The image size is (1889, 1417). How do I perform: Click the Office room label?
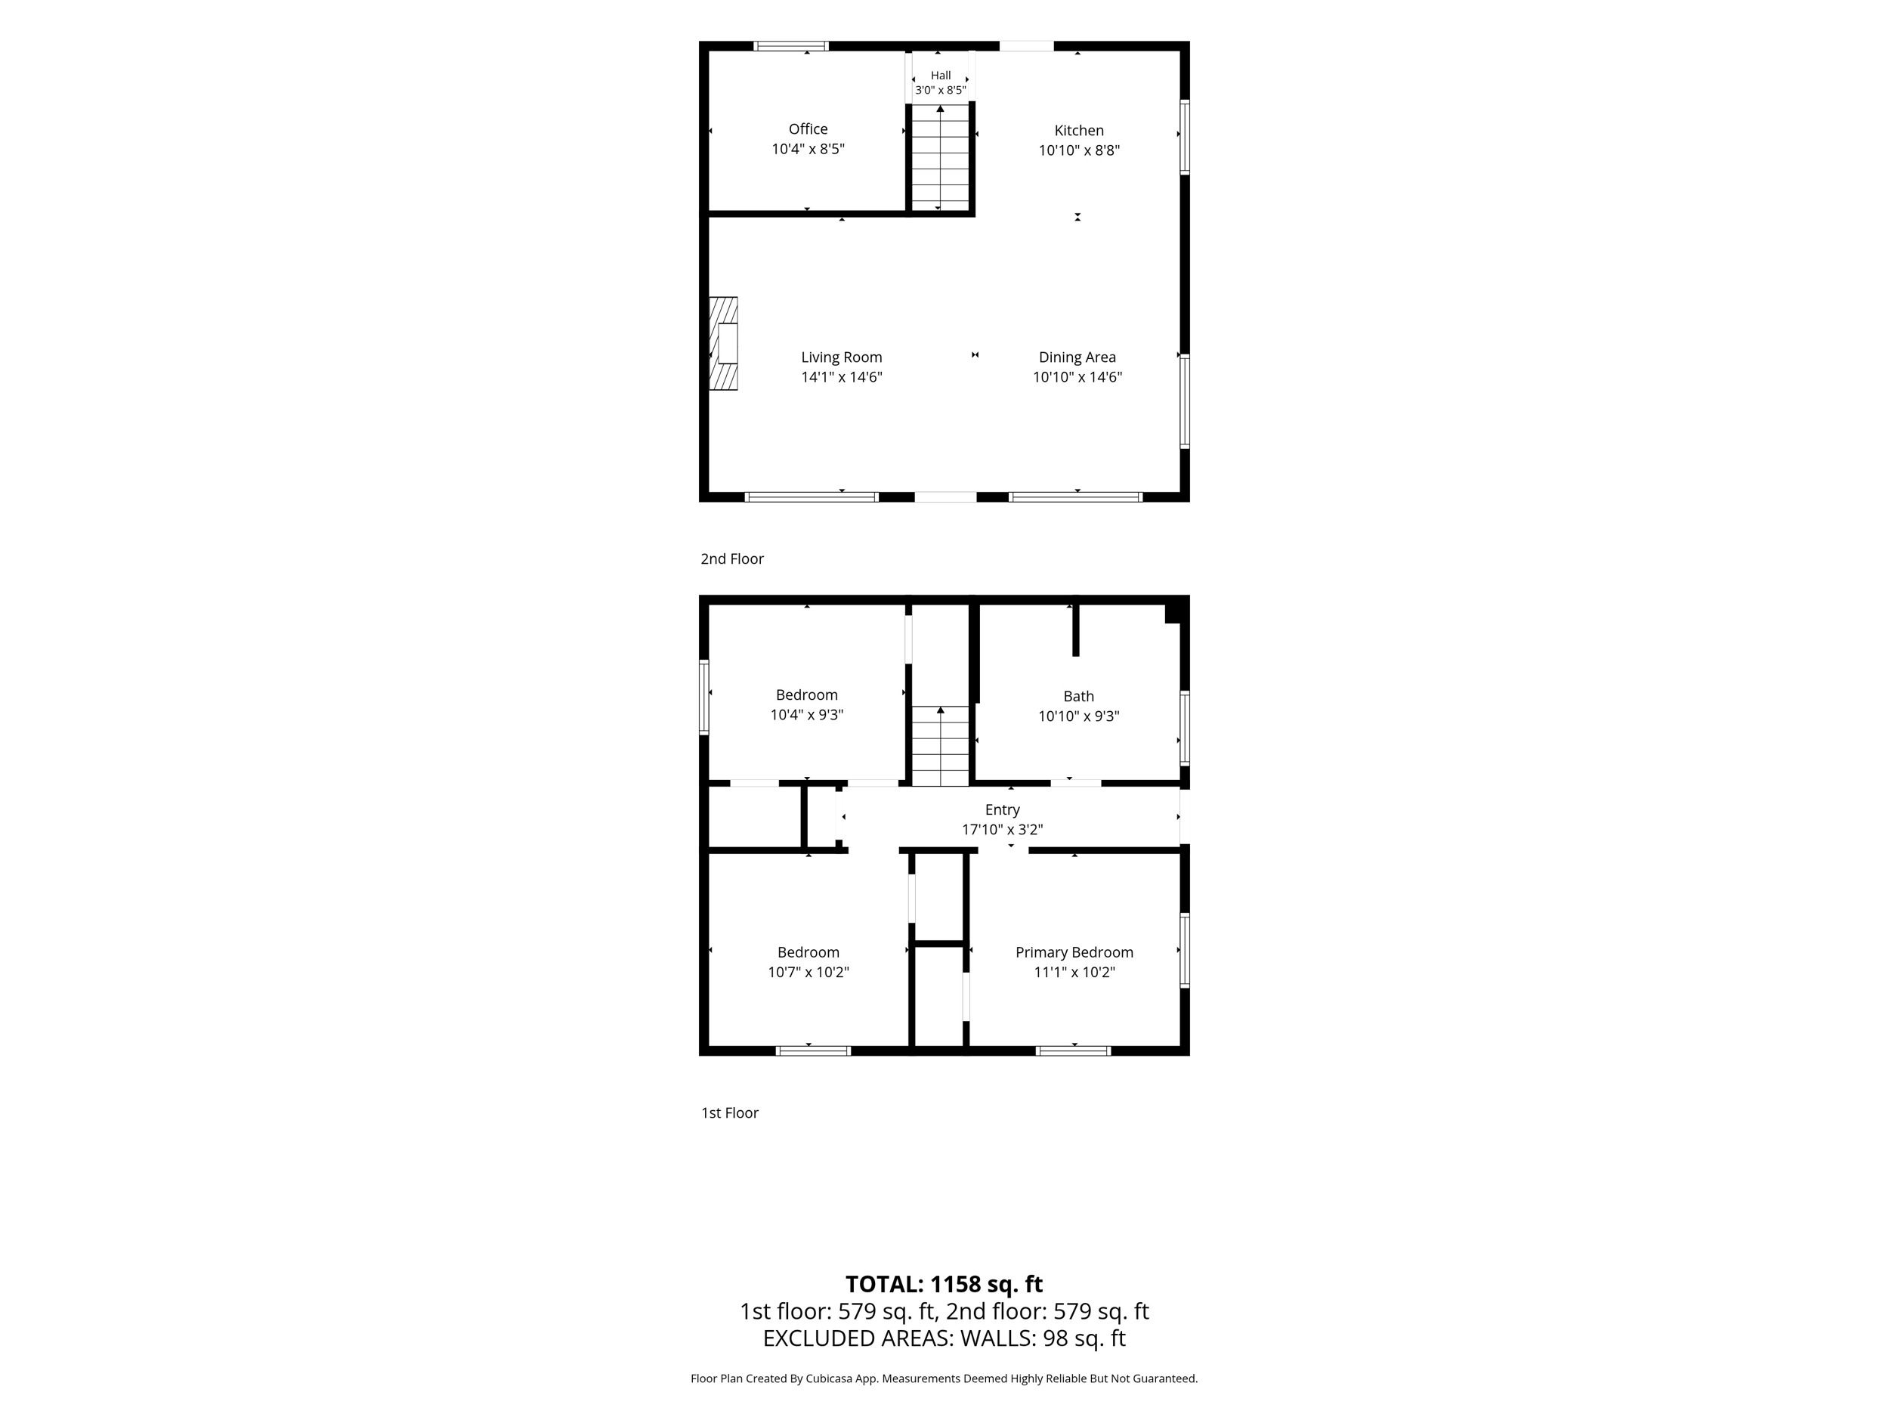click(x=808, y=129)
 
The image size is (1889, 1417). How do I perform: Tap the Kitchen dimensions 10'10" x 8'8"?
click(x=1078, y=150)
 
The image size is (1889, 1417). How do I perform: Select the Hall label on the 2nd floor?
click(x=940, y=75)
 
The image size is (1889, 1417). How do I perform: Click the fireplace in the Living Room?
click(x=723, y=343)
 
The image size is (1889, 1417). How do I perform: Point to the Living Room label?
click(x=841, y=357)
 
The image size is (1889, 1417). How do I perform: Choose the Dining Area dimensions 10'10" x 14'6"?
click(x=1077, y=376)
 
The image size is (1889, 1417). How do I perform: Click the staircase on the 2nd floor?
click(x=940, y=157)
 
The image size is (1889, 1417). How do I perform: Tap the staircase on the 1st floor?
click(x=940, y=746)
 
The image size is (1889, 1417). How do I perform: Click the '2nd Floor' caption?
click(x=732, y=558)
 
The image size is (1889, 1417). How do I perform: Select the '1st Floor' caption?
click(x=729, y=1112)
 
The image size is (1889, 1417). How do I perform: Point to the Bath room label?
click(x=1078, y=696)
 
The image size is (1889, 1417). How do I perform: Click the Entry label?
click(x=1002, y=809)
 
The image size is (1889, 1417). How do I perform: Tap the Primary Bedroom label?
click(x=1074, y=951)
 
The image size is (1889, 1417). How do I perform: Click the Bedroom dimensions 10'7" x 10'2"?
click(x=808, y=972)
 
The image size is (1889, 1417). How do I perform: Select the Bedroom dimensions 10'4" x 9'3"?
click(x=807, y=715)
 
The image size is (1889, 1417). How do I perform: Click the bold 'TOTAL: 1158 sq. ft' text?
click(x=944, y=1284)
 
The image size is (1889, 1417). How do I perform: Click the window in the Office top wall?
click(x=791, y=46)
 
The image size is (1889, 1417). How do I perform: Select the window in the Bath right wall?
click(x=1185, y=728)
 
